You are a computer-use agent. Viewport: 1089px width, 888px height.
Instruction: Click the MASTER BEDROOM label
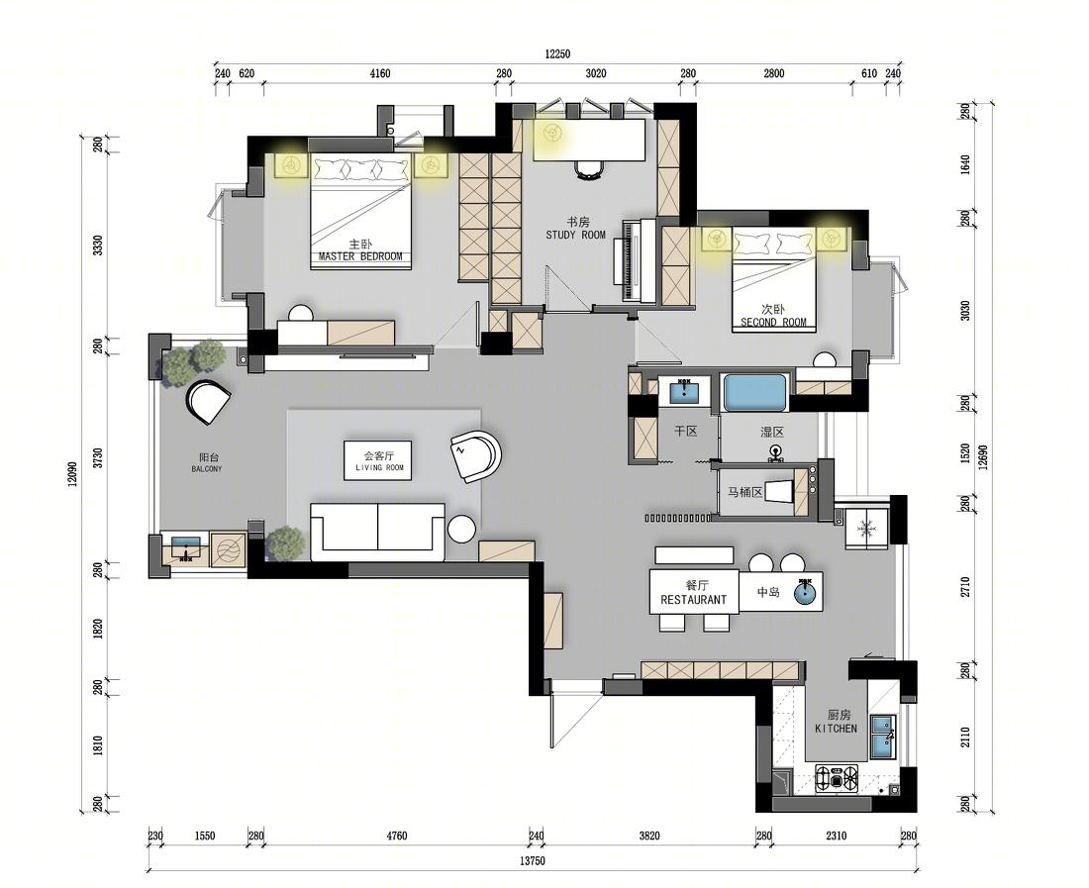coord(360,256)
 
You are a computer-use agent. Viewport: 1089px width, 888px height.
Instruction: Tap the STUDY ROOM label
coord(576,235)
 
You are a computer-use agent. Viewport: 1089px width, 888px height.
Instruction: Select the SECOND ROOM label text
coord(774,322)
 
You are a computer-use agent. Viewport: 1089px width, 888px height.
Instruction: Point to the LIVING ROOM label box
coord(379,459)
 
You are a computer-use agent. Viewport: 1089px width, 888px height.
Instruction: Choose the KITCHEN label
coord(837,729)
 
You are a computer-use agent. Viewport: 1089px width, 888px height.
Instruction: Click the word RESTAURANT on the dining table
coord(693,599)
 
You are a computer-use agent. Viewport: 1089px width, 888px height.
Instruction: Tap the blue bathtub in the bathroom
coord(755,393)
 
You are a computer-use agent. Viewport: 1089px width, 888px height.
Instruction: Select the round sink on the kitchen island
coord(806,592)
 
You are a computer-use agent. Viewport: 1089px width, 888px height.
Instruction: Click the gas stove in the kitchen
coord(837,778)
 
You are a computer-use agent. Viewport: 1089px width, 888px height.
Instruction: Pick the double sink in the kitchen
coord(883,736)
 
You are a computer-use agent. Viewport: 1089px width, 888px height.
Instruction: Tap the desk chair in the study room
coord(589,168)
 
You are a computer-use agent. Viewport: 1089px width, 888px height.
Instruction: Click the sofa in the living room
coord(377,532)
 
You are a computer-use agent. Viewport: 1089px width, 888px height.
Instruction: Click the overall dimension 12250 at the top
coord(557,54)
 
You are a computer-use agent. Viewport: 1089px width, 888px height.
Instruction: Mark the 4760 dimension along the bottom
coord(397,836)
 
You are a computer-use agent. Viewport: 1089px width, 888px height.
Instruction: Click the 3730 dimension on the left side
coord(98,459)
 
